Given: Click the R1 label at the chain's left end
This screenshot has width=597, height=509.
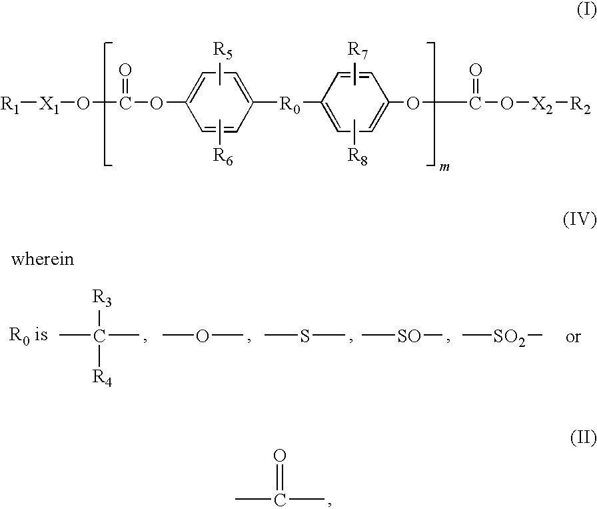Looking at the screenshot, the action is [x=11, y=104].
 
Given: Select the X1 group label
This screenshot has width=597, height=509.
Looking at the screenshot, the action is [x=49, y=104].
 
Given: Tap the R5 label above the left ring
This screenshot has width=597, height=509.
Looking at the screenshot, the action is [x=223, y=50].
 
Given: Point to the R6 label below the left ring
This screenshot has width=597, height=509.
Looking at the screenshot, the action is [x=223, y=156].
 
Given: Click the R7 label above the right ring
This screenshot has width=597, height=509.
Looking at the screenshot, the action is [x=358, y=50].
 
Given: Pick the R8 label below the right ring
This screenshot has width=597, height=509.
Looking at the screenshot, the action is [x=358, y=156].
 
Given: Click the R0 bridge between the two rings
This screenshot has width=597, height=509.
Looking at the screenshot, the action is [x=290, y=104].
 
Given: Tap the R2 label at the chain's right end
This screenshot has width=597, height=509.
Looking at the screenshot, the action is [x=580, y=104].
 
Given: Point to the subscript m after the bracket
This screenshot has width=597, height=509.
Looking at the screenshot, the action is [x=444, y=167].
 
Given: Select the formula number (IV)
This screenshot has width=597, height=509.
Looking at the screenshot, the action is [x=580, y=220].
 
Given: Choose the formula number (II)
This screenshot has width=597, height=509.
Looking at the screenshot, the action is [x=583, y=438].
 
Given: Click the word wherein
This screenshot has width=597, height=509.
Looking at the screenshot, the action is [x=43, y=260].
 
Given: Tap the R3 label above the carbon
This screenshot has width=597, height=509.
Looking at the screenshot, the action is [x=102, y=298].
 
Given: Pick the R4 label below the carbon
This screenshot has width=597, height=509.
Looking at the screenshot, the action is [x=102, y=378].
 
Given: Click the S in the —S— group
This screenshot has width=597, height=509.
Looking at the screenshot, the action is [x=305, y=336].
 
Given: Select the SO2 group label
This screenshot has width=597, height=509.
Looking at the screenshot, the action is [x=509, y=338].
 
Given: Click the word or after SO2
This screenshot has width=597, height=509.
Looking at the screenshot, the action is [x=573, y=337].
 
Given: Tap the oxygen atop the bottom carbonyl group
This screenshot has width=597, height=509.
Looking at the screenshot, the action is [x=280, y=455].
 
